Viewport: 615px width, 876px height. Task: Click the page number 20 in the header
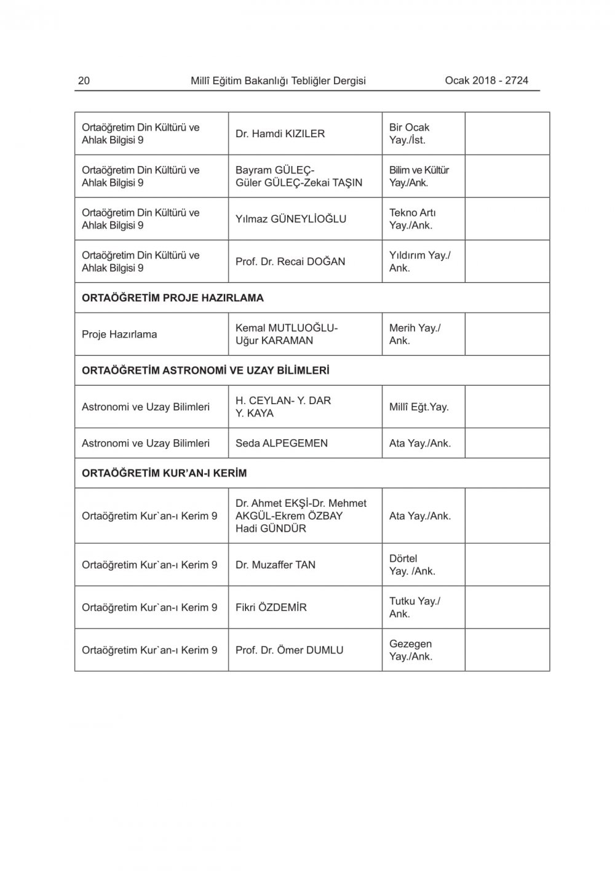coord(84,81)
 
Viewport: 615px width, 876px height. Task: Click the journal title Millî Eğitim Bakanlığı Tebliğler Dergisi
coord(278,81)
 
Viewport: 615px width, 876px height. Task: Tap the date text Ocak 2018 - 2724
coord(486,81)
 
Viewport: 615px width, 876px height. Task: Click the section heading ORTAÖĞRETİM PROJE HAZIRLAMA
coord(173,298)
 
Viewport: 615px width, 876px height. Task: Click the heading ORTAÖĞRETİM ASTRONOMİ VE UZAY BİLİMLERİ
coord(205,370)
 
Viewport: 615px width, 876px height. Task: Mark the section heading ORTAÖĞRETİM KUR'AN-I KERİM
coord(164,473)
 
